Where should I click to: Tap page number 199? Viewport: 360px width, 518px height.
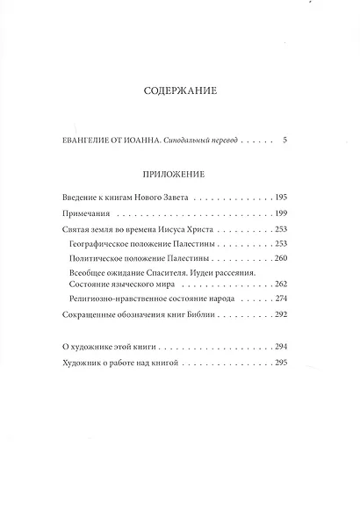[281, 214]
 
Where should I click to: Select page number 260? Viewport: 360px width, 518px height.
[281, 259]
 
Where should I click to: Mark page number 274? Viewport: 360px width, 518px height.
[281, 300]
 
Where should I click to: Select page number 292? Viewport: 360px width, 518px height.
[281, 314]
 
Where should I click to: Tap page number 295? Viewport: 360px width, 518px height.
[281, 361]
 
